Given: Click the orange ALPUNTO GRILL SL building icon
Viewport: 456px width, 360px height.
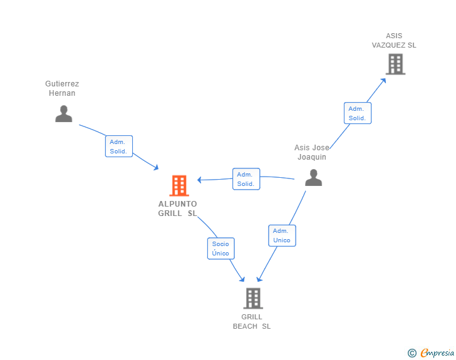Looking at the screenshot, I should (179, 186).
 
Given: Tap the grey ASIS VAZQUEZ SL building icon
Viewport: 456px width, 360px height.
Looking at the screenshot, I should (395, 64).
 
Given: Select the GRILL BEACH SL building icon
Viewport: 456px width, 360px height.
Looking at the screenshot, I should (252, 299).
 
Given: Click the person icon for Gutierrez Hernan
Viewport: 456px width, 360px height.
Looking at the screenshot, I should (63, 113).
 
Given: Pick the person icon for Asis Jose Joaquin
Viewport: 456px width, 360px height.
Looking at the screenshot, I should (313, 178).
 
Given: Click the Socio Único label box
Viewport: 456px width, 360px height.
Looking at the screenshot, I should (220, 249).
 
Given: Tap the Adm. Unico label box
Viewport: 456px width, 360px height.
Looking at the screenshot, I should (281, 235).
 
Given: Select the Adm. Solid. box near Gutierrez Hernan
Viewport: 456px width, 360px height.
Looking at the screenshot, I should (118, 147).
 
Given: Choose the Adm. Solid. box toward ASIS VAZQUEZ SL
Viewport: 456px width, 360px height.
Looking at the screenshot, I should (357, 113).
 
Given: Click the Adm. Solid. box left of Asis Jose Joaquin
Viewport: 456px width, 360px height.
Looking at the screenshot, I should (246, 179).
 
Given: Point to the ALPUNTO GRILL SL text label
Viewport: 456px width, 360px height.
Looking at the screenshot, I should (178, 208).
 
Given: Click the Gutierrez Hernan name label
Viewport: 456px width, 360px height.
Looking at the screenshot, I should (62, 88).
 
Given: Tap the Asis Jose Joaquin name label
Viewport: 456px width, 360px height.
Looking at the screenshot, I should (312, 152).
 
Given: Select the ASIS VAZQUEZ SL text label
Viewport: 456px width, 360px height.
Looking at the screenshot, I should (394, 41).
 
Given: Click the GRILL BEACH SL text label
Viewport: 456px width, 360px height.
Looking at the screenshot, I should (252, 321).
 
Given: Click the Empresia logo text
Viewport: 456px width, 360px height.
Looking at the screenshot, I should (437, 353).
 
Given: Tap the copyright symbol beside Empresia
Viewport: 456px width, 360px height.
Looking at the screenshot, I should (412, 353).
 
